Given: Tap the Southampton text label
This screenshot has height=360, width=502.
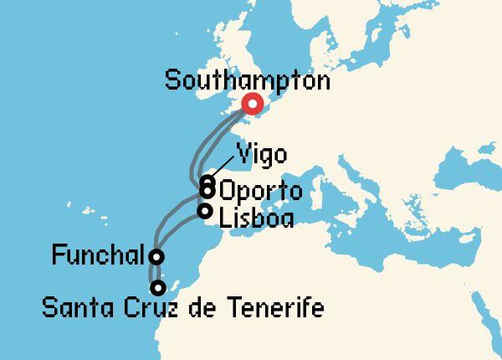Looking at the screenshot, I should click(x=248, y=81).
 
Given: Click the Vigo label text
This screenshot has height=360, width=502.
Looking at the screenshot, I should click(x=262, y=156).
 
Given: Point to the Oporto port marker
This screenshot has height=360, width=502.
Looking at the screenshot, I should click(x=207, y=192).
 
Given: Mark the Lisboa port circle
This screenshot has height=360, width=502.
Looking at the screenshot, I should click(x=205, y=211).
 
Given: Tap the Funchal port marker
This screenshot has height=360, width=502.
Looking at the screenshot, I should click(x=156, y=256).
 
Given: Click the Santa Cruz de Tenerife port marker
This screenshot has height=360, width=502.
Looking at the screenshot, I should click(x=157, y=288).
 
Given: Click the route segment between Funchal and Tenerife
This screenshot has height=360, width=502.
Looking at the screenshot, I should click(x=153, y=273).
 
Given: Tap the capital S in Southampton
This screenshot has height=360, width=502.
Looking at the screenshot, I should click(x=173, y=81).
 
